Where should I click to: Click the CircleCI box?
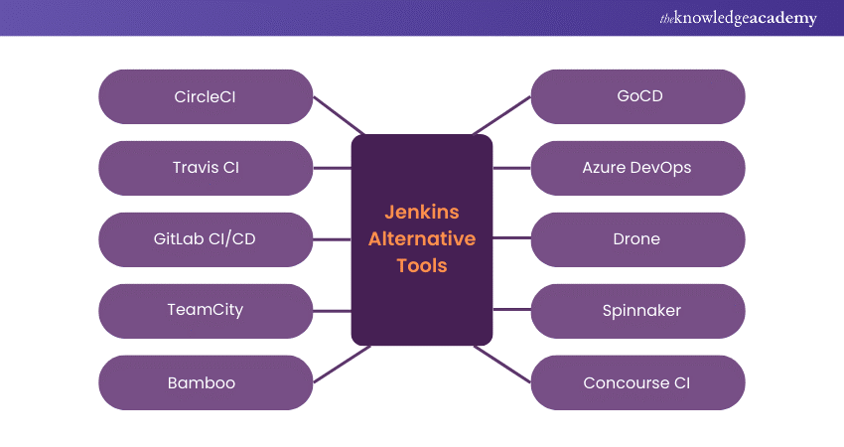click(206, 96)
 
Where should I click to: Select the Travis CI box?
click(206, 168)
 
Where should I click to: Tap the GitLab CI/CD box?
click(206, 239)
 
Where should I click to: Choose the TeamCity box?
click(206, 311)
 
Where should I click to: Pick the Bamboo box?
click(206, 382)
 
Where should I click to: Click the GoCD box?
click(638, 96)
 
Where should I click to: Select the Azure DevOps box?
click(638, 168)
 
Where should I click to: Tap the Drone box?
click(638, 239)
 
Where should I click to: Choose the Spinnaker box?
click(638, 311)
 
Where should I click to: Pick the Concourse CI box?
click(638, 382)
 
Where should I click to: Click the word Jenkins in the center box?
click(422, 212)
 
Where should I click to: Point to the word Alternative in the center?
click(422, 238)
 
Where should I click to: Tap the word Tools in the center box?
click(422, 265)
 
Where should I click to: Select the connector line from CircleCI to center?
click(339, 115)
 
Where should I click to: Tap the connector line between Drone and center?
click(511, 239)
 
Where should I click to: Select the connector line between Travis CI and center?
click(333, 168)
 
